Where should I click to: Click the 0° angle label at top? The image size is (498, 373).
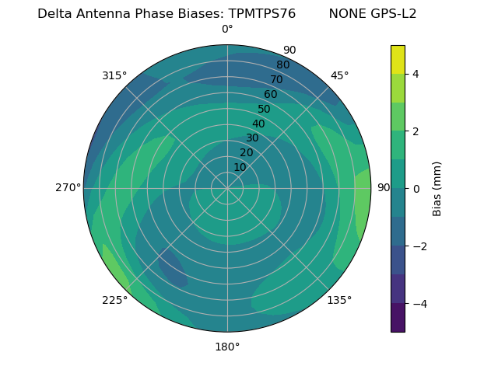tap(227, 30)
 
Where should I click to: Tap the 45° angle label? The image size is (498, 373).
tap(339, 75)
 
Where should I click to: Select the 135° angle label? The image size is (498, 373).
tap(339, 300)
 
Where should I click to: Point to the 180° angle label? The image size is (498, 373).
tap(227, 347)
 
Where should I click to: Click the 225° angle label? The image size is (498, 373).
tap(114, 301)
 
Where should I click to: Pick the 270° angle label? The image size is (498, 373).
tap(68, 187)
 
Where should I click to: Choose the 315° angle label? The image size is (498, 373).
tap(114, 75)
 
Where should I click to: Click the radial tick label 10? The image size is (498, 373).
tap(240, 167)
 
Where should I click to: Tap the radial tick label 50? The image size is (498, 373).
tap(265, 109)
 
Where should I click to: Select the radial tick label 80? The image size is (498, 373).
tap(282, 64)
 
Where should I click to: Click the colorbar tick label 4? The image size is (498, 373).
tap(416, 74)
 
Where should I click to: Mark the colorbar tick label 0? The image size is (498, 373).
tap(416, 189)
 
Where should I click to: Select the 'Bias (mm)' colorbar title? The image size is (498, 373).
tap(437, 189)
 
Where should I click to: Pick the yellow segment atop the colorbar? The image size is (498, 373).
tap(398, 59)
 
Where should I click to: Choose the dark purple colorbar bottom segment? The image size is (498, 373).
tap(398, 317)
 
